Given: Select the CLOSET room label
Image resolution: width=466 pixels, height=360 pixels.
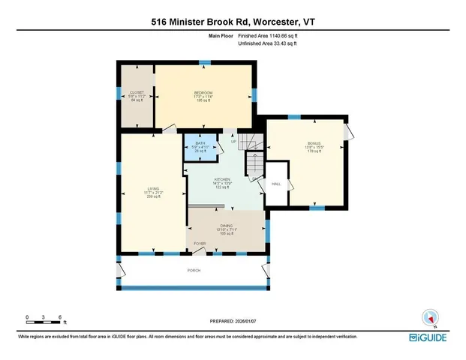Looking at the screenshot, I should (x=137, y=95).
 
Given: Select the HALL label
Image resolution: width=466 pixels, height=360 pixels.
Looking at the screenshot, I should (x=276, y=183).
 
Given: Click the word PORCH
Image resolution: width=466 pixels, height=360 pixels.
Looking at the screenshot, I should (x=194, y=270).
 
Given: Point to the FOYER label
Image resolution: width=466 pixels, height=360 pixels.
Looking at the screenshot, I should (x=200, y=244).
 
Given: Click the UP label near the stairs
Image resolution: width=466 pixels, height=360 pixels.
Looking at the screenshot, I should (x=233, y=141).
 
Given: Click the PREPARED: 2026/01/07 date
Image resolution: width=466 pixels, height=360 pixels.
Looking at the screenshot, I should (x=233, y=321).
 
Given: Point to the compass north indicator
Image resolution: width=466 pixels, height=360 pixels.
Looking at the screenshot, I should (x=431, y=317).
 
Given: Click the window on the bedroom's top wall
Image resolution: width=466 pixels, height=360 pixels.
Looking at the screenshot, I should (x=204, y=63).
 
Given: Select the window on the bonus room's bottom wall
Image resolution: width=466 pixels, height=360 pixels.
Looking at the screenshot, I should (x=316, y=208).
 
